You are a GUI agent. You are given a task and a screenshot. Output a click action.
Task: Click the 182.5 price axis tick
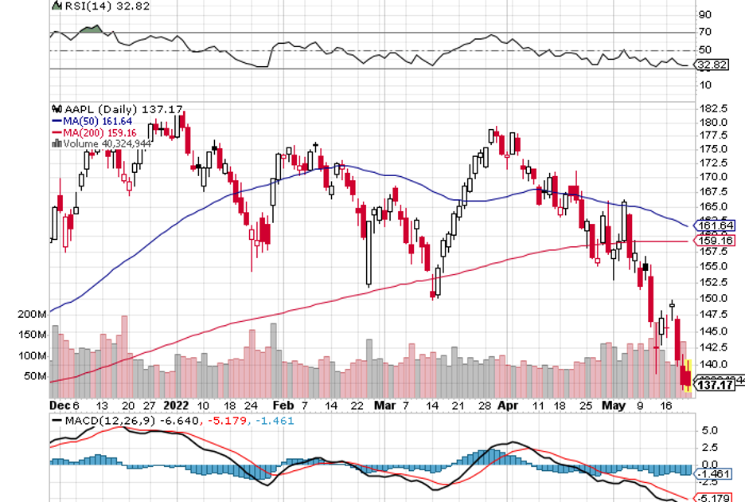point(712,108)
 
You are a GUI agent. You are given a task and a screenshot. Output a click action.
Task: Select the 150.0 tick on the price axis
point(712,298)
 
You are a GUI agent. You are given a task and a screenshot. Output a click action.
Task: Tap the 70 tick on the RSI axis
point(705,33)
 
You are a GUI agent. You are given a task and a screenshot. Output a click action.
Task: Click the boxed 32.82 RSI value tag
point(709,65)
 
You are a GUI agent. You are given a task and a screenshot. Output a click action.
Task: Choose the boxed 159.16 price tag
point(713,241)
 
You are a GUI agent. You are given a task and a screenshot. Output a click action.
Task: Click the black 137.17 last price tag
point(714,386)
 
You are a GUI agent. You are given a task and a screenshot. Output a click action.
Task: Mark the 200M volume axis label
point(33,314)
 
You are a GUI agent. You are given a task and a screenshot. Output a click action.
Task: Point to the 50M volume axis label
point(35,375)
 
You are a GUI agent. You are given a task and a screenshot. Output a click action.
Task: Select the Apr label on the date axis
point(506,405)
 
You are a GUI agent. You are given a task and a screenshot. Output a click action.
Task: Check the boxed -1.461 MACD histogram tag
point(713,474)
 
